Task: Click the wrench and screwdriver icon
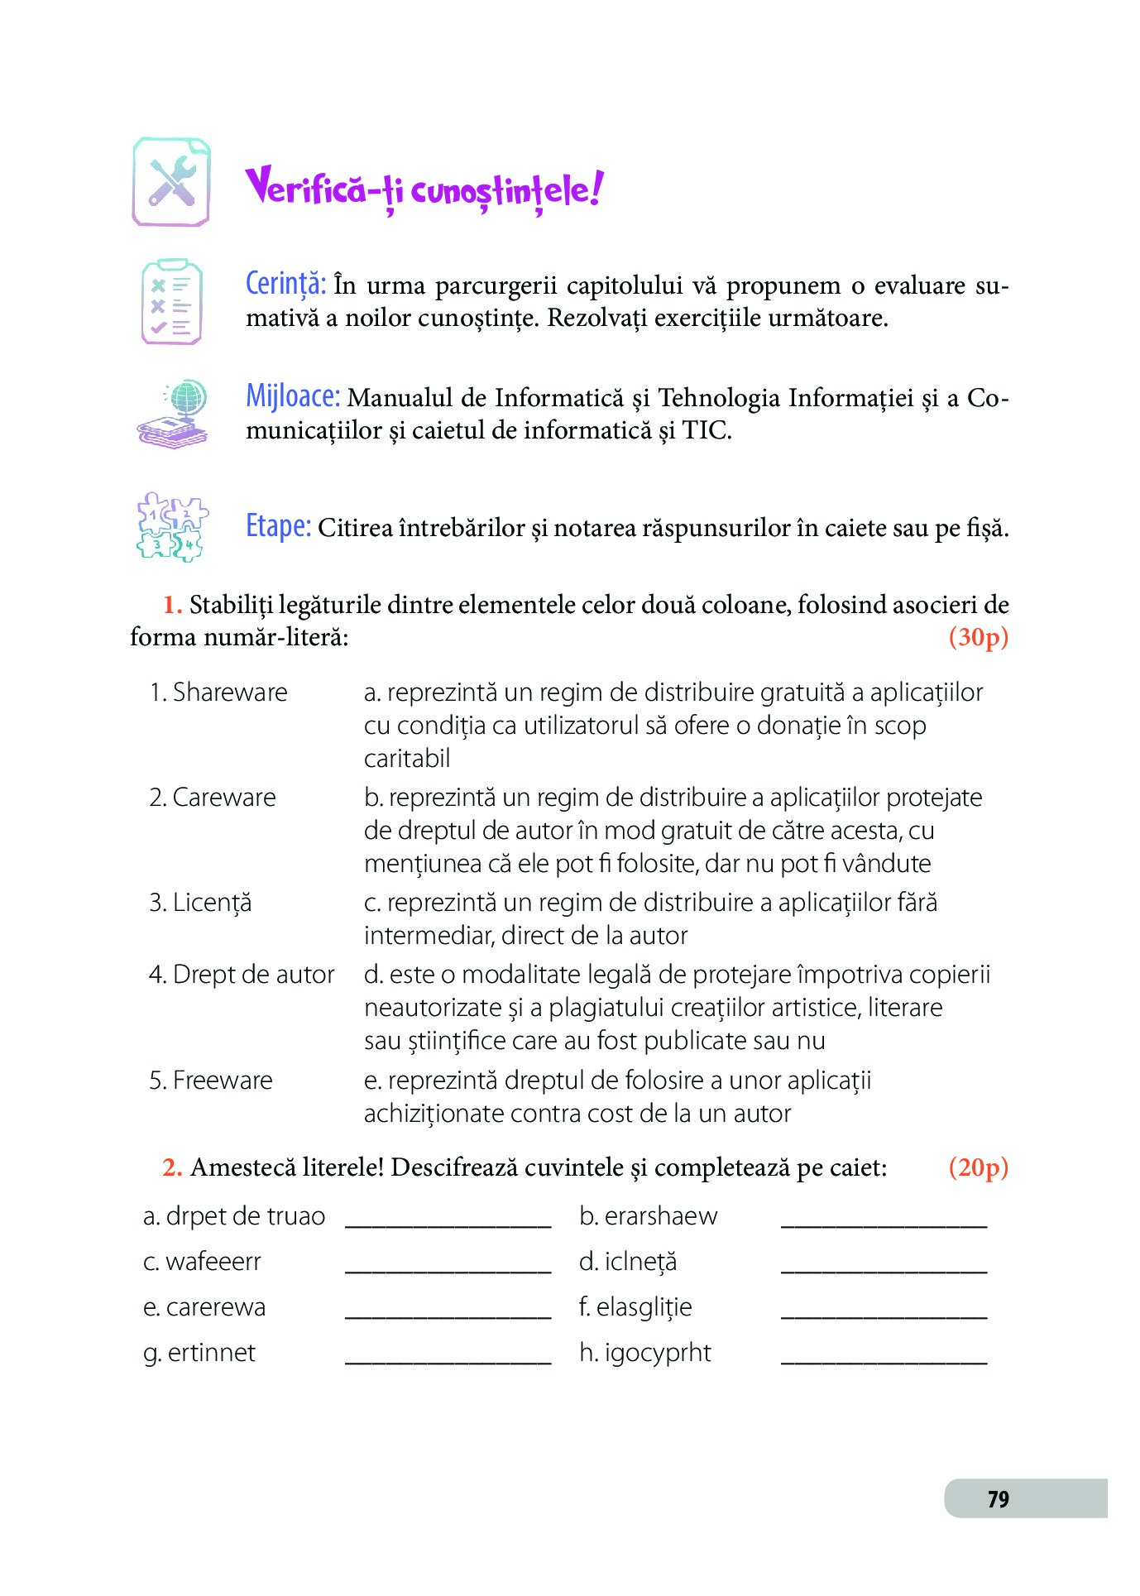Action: coord(171,182)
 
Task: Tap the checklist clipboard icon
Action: coord(171,302)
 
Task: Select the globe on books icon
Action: coord(173,414)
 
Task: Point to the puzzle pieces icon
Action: coord(171,527)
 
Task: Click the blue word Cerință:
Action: coord(285,284)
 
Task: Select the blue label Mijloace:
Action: coord(293,396)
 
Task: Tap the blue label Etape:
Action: coord(278,526)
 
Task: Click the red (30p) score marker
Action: coord(978,637)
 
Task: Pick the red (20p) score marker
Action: coord(978,1167)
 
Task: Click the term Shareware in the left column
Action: coord(229,693)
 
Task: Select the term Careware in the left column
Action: coord(223,798)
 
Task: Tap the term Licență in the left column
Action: coord(211,903)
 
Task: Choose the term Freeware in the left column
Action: coord(222,1081)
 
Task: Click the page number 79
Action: coord(998,1499)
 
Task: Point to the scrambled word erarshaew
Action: coord(660,1216)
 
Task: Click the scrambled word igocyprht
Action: coord(657,1353)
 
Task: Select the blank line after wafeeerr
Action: coord(448,1267)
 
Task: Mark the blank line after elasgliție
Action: coord(884,1312)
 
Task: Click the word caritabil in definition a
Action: coord(407,759)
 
